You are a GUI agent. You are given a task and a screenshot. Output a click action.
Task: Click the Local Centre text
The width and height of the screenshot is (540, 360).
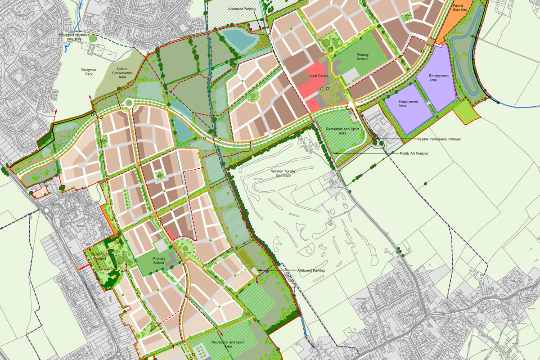coord(317,76)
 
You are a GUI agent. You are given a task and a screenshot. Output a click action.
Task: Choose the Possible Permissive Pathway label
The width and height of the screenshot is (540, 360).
coord(438,139)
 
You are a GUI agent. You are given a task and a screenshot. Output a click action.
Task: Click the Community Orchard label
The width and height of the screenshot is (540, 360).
coord(97,256)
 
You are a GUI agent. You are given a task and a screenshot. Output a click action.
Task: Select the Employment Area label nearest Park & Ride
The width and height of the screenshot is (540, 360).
coord(439,78)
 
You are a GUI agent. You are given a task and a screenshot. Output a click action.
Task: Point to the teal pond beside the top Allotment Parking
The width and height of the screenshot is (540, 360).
coord(238,40)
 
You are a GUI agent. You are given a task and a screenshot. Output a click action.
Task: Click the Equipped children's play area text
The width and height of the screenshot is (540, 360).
coord(77,36)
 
